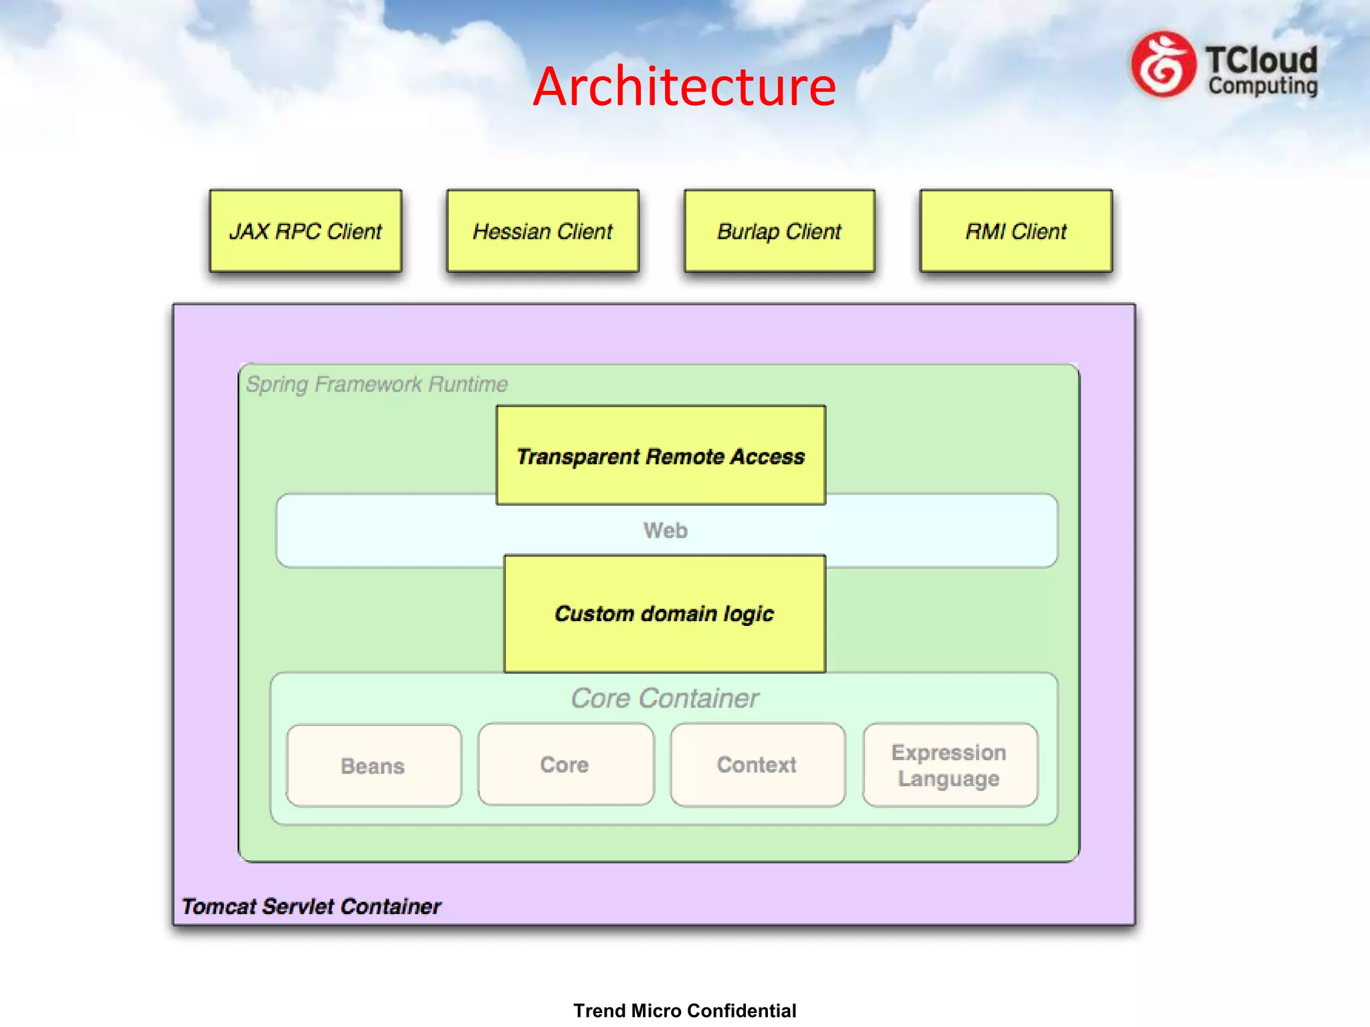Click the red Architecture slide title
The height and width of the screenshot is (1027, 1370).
tap(684, 87)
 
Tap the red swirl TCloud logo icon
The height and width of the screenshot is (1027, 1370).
tap(1163, 65)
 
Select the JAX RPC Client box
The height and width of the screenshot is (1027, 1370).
tap(306, 231)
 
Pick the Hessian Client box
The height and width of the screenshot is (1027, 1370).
tap(543, 231)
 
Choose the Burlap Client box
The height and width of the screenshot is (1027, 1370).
tap(779, 231)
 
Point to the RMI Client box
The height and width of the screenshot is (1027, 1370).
tap(1015, 231)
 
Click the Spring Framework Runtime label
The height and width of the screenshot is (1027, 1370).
tap(377, 384)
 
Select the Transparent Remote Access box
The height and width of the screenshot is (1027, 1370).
tap(660, 455)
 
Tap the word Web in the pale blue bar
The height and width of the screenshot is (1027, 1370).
tap(665, 530)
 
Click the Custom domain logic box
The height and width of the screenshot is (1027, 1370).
tap(664, 613)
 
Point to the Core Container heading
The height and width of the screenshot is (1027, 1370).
tap(664, 698)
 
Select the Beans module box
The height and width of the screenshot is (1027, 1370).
tap(373, 766)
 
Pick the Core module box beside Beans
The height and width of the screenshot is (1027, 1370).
tap(565, 764)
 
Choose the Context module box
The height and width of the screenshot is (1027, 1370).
tap(757, 764)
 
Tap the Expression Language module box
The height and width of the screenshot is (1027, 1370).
tap(949, 764)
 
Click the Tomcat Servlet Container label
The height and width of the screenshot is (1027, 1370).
tap(311, 907)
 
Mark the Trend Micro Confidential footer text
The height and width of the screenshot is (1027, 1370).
tap(684, 1010)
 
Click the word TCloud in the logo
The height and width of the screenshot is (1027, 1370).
tap(1262, 60)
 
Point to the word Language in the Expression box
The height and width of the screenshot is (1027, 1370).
tap(949, 779)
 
